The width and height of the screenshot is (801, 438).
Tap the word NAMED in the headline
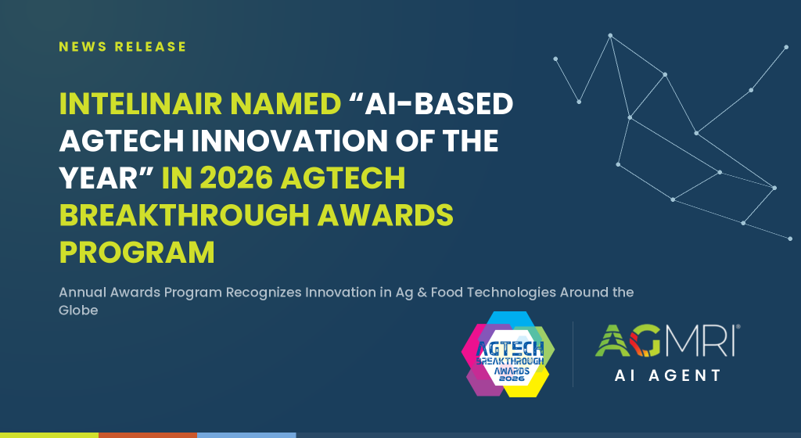click(286, 104)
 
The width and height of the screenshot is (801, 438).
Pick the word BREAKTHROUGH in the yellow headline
click(185, 215)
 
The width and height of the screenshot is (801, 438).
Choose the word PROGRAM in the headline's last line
click(137, 252)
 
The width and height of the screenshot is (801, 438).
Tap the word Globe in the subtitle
click(78, 311)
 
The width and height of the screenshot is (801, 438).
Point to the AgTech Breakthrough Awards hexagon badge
click(508, 354)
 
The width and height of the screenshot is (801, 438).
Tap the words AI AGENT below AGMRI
click(668, 375)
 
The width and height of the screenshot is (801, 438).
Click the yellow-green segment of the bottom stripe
click(49, 436)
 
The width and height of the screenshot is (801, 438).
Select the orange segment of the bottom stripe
click(148, 436)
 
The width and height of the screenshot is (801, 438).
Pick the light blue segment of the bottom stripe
click(246, 436)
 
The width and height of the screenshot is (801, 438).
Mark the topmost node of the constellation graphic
click(610, 36)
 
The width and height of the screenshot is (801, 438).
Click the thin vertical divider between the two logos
click(573, 354)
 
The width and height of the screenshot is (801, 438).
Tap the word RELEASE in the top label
click(151, 46)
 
